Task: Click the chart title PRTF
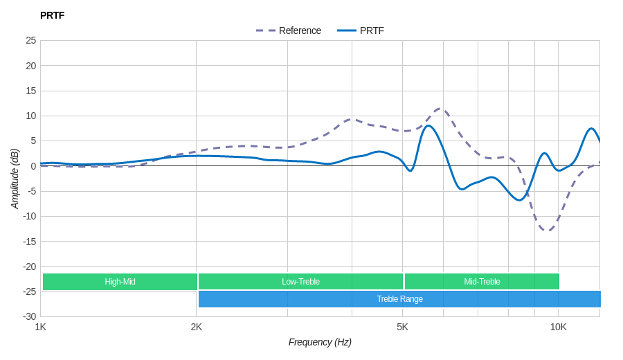[52, 15]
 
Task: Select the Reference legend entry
[289, 30]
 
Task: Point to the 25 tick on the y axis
[31, 40]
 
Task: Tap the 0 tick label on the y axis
[33, 166]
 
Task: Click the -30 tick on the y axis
[30, 316]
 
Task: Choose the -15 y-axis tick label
[30, 241]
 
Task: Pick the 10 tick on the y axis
[31, 116]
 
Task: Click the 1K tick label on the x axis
[41, 327]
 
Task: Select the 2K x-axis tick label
[197, 327]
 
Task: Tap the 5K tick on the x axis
[402, 327]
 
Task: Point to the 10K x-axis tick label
[558, 327]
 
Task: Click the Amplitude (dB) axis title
[15, 179]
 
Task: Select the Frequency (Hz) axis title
[320, 342]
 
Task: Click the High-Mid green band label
[120, 282]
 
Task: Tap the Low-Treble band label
[300, 282]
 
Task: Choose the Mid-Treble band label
[482, 282]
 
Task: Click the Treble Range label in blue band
[399, 299]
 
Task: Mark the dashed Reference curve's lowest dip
[547, 230]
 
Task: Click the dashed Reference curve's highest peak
[440, 109]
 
